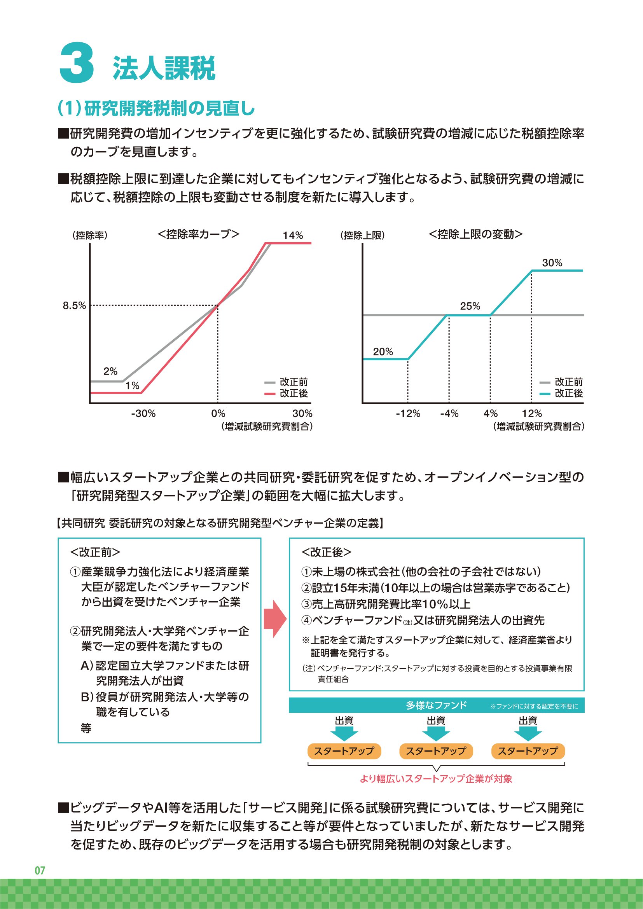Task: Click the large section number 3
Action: tap(77, 63)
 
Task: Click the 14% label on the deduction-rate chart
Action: tap(293, 235)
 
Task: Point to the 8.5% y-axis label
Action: tap(74, 305)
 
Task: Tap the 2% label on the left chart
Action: tap(110, 371)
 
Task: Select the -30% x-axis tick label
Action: tap(143, 413)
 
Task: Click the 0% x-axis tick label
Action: tap(218, 413)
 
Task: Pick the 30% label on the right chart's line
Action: tap(552, 262)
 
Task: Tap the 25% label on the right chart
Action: tap(470, 305)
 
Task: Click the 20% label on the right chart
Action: tap(383, 352)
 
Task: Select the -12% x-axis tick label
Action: tap(408, 413)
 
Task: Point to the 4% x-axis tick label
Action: tap(490, 413)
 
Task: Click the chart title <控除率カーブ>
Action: tap(198, 234)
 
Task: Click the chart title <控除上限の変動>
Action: tap(475, 234)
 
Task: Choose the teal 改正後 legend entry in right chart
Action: tap(561, 393)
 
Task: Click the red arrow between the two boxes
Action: tap(275, 618)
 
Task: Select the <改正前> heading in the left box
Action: tap(95, 552)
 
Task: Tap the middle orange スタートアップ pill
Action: tap(436, 751)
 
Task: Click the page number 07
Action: tap(40, 870)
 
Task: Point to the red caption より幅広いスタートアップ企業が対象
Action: tap(436, 779)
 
